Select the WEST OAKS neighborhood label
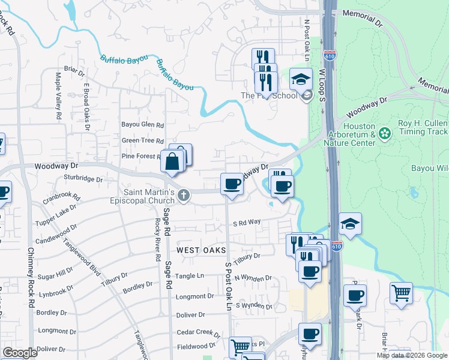coord(200,250)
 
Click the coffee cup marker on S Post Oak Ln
coord(232,184)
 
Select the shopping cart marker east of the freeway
coord(401,293)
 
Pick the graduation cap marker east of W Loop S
coord(350,224)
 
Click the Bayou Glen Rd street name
coord(143,125)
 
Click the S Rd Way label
coord(247,222)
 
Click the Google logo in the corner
coord(20,353)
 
